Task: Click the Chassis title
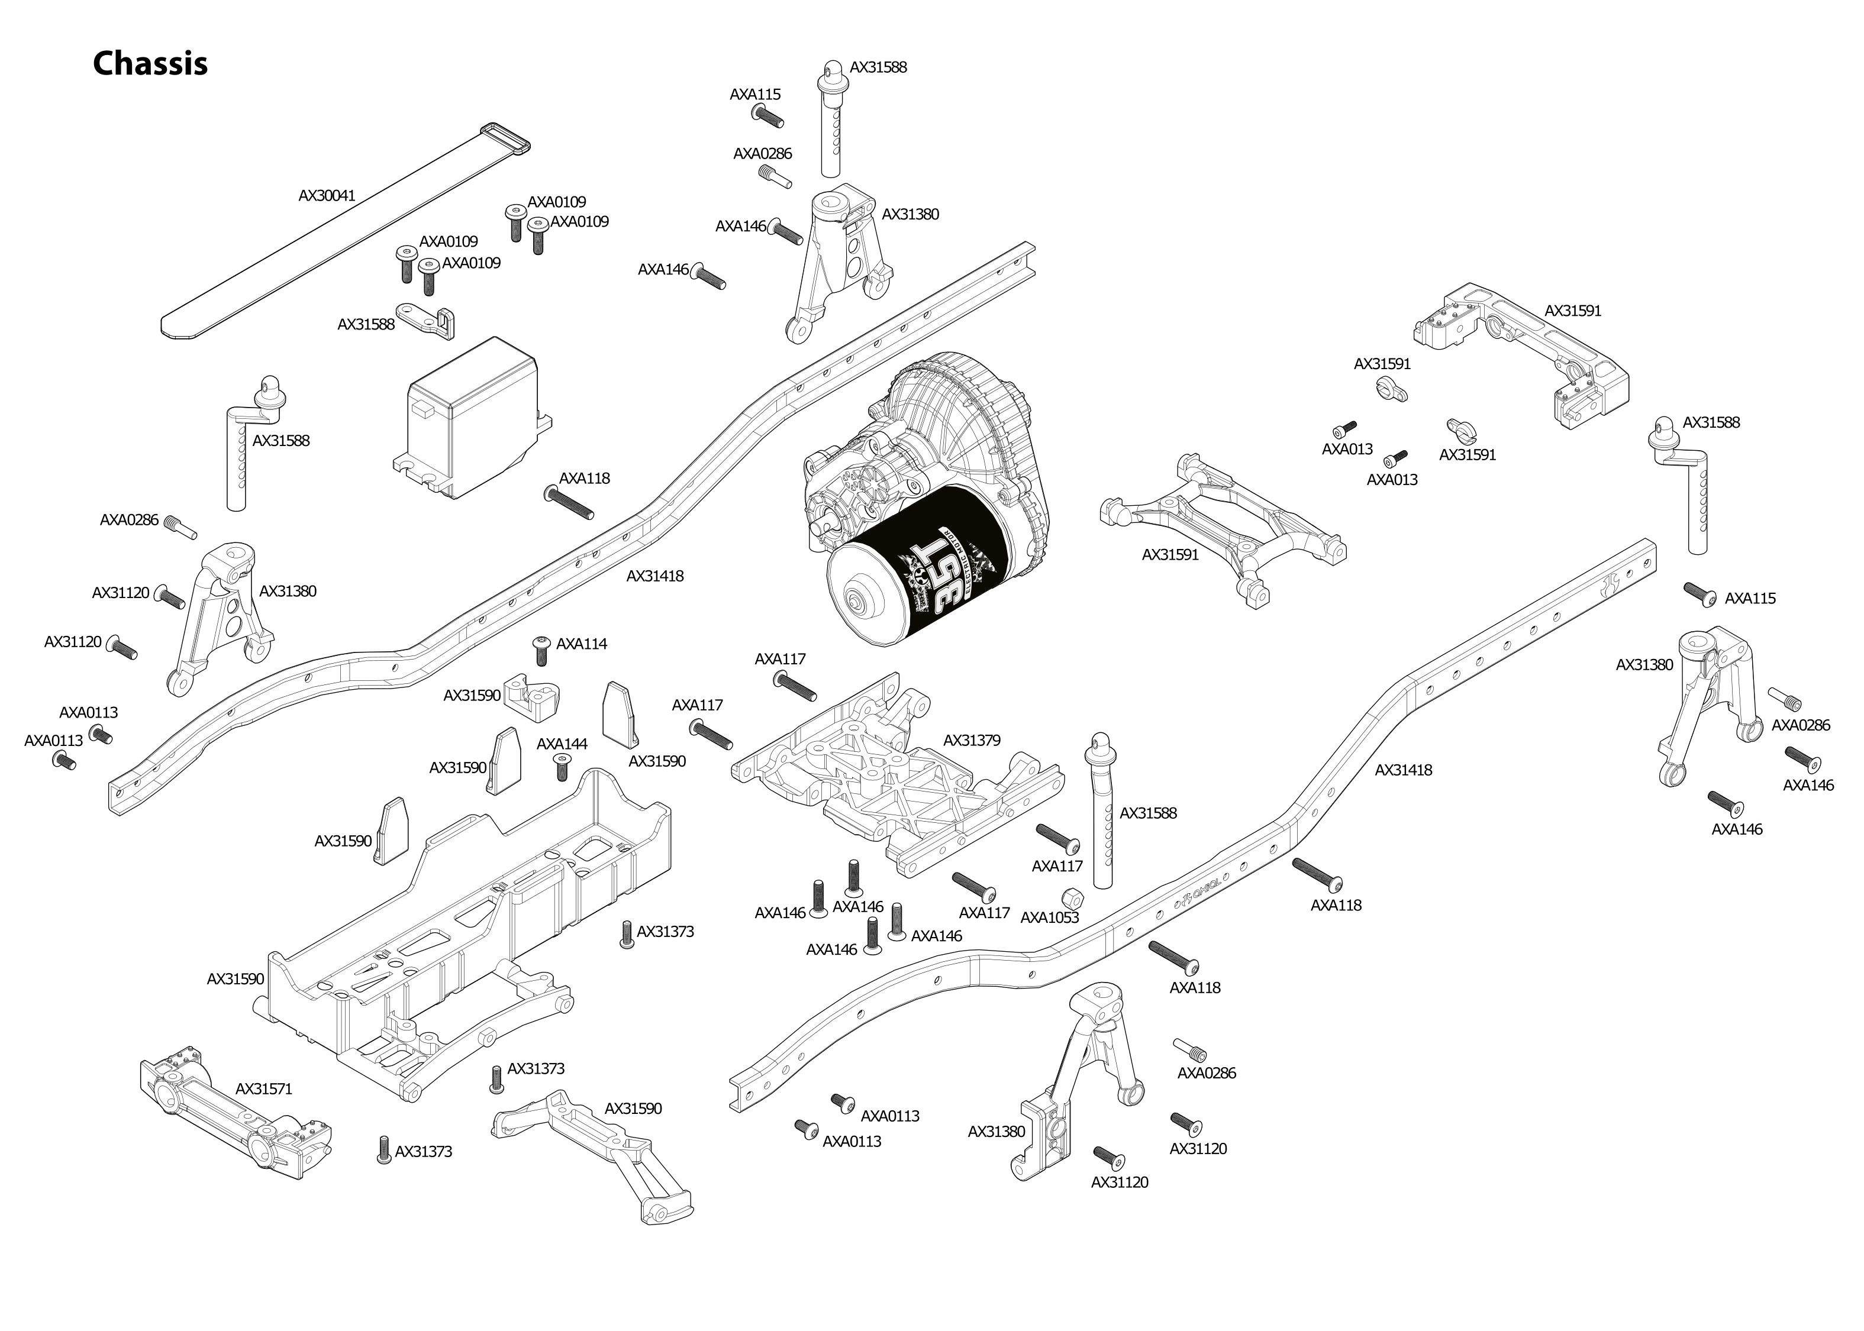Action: (x=150, y=64)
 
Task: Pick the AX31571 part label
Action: (x=263, y=1089)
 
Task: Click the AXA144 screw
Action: (x=562, y=768)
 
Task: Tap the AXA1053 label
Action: (x=1049, y=918)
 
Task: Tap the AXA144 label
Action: (x=562, y=744)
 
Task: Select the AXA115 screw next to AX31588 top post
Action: (x=768, y=117)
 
